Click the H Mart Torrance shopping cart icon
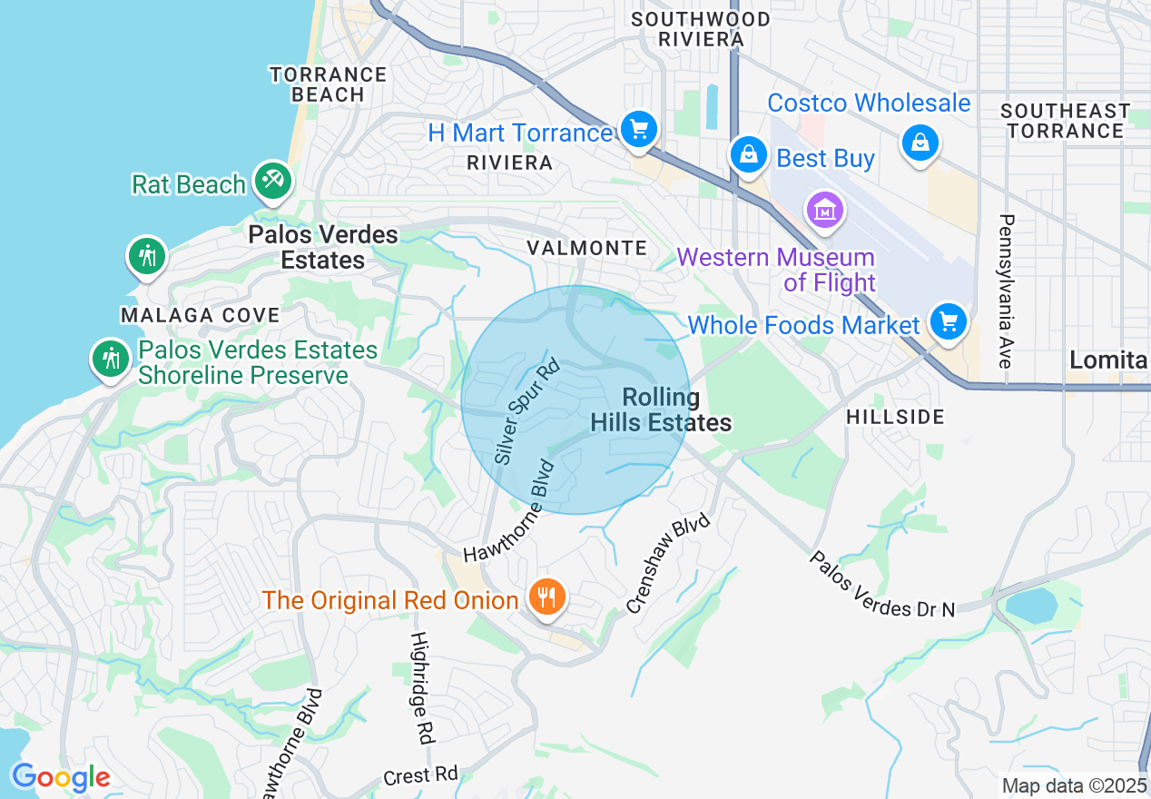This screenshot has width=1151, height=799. [639, 130]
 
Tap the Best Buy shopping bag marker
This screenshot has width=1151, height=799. [749, 155]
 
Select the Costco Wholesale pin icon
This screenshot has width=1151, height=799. [920, 142]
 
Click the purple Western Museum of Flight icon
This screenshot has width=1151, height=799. [825, 211]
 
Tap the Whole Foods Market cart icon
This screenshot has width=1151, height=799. [949, 321]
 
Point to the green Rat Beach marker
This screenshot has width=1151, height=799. [271, 180]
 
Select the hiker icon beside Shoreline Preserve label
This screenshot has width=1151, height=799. [111, 358]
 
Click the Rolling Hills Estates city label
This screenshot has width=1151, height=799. [661, 409]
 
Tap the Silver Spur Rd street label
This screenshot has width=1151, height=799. [527, 413]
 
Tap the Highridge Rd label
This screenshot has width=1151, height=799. [420, 688]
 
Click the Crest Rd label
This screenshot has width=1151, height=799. [420, 775]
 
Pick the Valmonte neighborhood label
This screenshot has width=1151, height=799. [588, 248]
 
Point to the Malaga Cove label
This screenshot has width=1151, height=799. [201, 315]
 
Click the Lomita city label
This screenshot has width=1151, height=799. [1108, 360]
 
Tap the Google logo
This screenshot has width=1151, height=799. [61, 777]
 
